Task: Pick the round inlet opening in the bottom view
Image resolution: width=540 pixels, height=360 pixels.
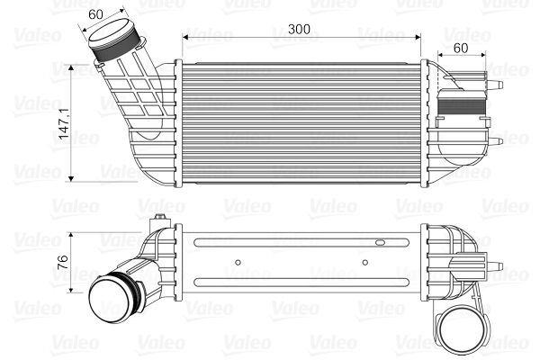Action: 113,294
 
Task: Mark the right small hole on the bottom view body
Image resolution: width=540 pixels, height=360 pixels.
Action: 364,264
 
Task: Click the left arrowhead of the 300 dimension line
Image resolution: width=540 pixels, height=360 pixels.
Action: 186,38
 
